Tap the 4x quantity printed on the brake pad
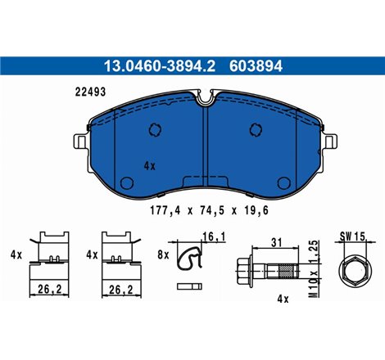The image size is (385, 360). [150, 164]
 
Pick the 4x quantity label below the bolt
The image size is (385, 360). [283, 299]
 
